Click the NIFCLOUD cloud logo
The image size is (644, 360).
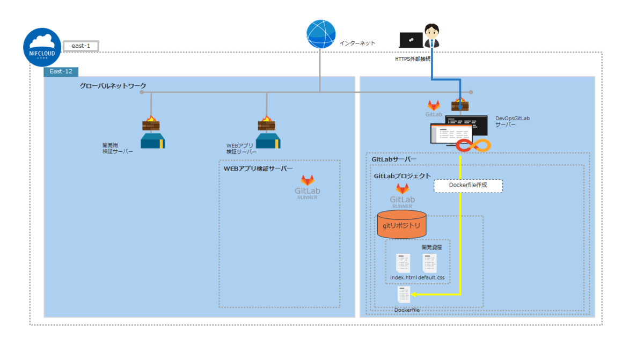[42, 47]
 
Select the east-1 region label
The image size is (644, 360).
[80, 46]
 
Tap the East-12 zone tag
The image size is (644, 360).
[61, 71]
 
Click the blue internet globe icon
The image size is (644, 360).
[321, 34]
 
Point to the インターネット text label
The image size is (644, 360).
[357, 43]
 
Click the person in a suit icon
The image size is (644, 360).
[432, 36]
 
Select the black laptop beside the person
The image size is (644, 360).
[411, 40]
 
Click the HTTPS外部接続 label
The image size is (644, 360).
[413, 59]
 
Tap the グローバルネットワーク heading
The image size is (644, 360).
[113, 86]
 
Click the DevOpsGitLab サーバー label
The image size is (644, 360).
[512, 122]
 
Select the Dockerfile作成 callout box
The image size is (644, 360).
[468, 186]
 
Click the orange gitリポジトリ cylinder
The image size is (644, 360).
[401, 224]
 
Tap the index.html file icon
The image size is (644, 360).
[403, 262]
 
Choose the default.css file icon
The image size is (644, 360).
[430, 262]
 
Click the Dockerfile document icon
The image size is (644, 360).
[404, 295]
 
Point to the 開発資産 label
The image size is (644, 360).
[431, 247]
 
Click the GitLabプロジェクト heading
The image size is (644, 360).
[402, 176]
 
